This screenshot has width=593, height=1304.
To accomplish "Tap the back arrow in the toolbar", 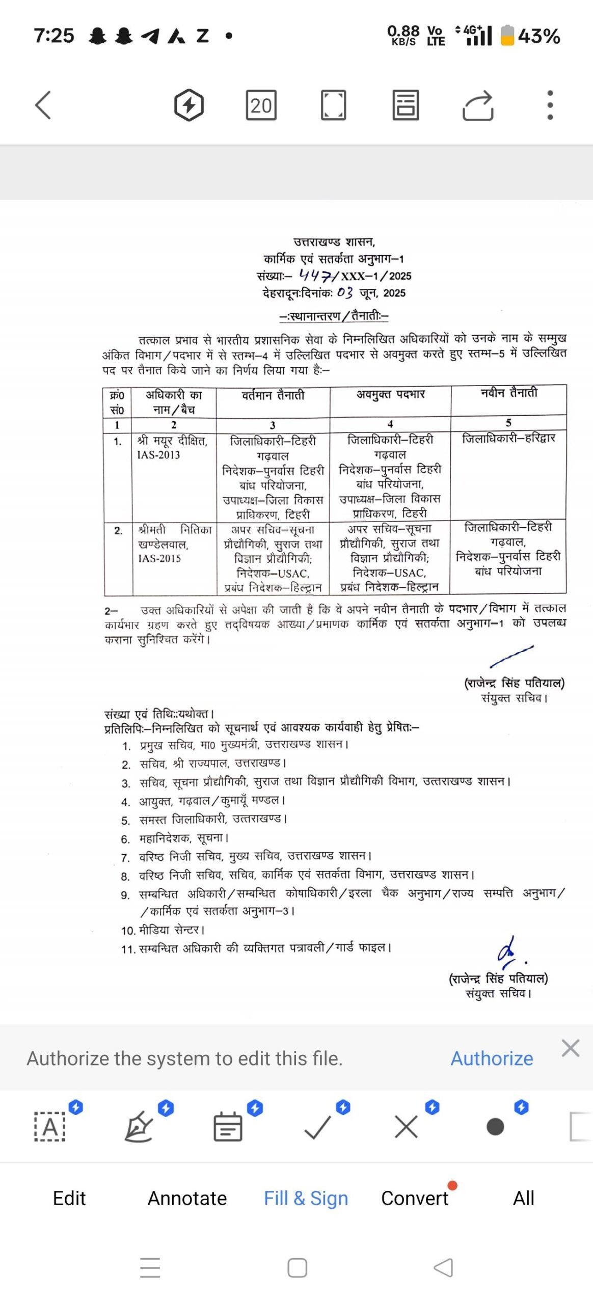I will [43, 105].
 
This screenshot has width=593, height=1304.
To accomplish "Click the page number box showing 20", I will [261, 105].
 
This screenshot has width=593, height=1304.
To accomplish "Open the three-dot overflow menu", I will [550, 105].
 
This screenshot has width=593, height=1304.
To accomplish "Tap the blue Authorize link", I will [492, 1058].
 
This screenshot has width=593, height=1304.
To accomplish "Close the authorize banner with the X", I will [570, 1048].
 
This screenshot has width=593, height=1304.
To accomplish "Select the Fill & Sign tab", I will [306, 1198].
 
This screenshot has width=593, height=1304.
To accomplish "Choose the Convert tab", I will [415, 1198].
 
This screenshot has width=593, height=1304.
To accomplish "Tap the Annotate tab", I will [187, 1198].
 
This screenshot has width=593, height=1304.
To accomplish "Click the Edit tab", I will [69, 1198].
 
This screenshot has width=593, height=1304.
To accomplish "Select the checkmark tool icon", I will [317, 1127].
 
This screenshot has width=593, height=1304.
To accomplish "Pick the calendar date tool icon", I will [228, 1127].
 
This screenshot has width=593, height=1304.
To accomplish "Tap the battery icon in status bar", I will [507, 36].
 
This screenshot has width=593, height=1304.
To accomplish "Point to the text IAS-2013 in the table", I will [158, 455].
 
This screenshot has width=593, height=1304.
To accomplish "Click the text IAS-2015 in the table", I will [159, 558].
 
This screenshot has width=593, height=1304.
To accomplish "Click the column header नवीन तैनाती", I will [508, 393].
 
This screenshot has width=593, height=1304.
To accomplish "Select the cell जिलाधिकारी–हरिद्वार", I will [508, 439].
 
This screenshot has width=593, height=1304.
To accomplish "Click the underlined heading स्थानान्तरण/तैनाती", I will [334, 316].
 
